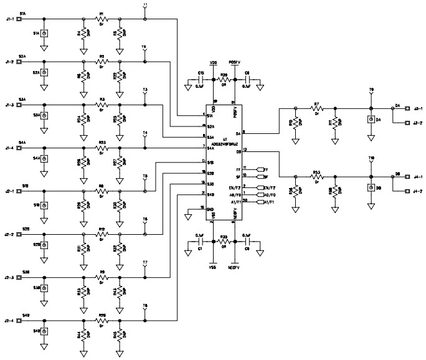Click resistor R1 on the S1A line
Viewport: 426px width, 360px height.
(x=102, y=19)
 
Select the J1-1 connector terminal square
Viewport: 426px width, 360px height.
(x=19, y=19)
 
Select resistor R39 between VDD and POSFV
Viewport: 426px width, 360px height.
(x=223, y=80)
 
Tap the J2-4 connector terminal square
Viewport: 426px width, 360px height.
(x=19, y=321)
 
